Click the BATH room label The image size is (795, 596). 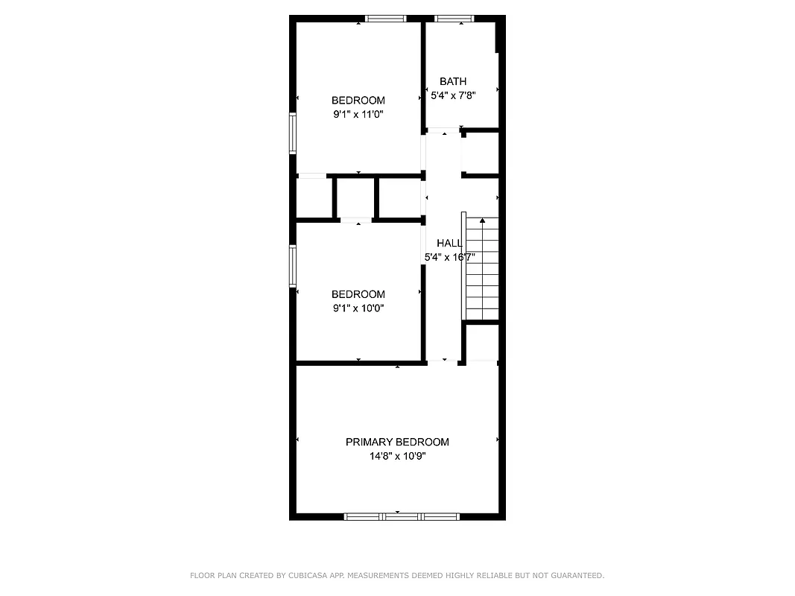(x=453, y=81)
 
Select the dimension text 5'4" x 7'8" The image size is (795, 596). (x=453, y=95)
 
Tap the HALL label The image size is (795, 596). (x=449, y=244)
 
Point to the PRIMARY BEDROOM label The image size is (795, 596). (x=397, y=442)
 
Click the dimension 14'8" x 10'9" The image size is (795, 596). (x=397, y=456)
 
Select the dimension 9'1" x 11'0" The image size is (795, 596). (x=358, y=115)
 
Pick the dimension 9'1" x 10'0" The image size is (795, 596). (x=358, y=308)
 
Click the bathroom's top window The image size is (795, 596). (x=454, y=19)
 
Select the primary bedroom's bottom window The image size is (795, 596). (x=402, y=516)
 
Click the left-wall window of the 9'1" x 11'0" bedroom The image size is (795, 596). (x=293, y=133)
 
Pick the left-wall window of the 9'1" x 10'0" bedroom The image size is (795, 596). (x=293, y=266)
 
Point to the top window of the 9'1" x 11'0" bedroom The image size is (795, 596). (x=385, y=19)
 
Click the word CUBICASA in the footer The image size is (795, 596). (x=305, y=576)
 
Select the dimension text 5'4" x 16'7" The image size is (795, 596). (x=449, y=258)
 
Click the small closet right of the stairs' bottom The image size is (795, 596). (x=482, y=343)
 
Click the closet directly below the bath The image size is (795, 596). (x=481, y=154)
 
